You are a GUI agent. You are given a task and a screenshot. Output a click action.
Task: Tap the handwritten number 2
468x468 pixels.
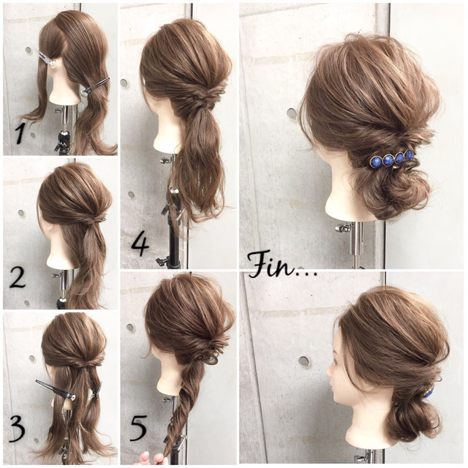click(18, 277)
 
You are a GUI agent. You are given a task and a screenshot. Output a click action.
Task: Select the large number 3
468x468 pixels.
click(17, 429)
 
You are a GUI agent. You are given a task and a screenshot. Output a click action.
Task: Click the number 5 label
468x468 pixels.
click(138, 429)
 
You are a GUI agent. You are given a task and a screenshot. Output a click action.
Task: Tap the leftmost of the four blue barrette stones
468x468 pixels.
click(375, 162)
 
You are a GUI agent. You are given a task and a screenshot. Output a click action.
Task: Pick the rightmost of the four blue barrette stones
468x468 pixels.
click(409, 154)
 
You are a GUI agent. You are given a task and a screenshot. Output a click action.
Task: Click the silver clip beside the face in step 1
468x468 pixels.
click(46, 59)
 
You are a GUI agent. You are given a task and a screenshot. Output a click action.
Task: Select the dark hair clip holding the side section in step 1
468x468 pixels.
click(96, 86)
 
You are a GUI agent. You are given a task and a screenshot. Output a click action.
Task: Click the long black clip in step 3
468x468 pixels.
click(56, 390)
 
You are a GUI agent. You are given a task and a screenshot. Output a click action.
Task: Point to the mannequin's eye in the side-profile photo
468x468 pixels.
click(336, 362)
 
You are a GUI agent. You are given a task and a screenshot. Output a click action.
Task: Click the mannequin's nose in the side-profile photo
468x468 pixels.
click(329, 372)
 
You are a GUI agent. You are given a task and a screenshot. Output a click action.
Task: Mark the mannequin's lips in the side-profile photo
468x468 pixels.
click(333, 387)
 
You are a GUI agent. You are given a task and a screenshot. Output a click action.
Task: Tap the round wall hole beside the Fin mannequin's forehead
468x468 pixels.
click(292, 113)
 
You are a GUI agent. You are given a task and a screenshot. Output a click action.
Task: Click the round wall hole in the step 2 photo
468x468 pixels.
click(21, 213)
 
